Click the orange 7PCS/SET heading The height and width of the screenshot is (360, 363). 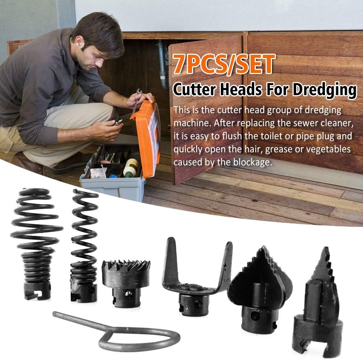tap(224, 64)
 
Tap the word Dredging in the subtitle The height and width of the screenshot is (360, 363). tap(325, 90)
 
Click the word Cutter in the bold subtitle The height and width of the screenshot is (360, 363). tap(194, 89)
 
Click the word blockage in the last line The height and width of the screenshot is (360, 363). tap(252, 162)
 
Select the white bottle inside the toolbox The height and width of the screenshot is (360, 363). tap(130, 167)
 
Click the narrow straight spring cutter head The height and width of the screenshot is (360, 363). tap(84, 246)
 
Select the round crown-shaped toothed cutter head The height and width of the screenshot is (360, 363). tap(126, 283)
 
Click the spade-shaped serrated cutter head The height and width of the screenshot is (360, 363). tap(260, 290)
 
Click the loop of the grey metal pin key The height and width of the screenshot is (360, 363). tap(139, 340)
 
